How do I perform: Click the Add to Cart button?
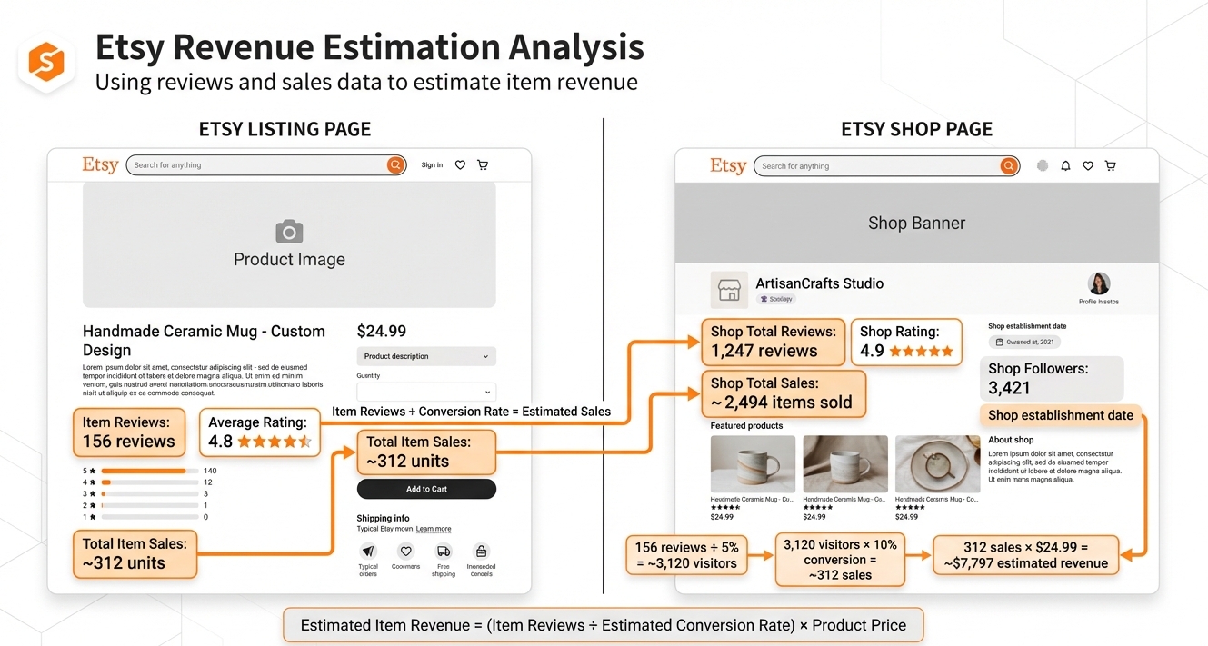(x=426, y=489)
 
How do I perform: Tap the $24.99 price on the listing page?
(x=382, y=332)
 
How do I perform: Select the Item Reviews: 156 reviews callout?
(x=128, y=432)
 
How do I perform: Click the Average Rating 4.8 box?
(x=259, y=432)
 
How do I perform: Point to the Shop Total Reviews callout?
(x=773, y=342)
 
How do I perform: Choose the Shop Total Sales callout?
(x=782, y=393)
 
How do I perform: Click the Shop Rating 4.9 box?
(x=906, y=342)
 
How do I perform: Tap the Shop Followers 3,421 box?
(x=1050, y=378)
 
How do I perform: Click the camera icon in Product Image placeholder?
(x=289, y=232)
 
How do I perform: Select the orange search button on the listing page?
(x=395, y=165)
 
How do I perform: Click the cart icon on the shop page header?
(x=1110, y=166)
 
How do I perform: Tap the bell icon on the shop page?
(x=1065, y=166)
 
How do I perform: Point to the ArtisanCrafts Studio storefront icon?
(x=729, y=290)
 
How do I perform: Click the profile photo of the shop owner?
(x=1099, y=283)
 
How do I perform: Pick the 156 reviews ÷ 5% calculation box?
(x=685, y=556)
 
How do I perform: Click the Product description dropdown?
(x=426, y=356)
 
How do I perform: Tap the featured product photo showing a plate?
(x=937, y=464)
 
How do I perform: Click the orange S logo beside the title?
(x=46, y=62)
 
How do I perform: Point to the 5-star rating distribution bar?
(x=149, y=471)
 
